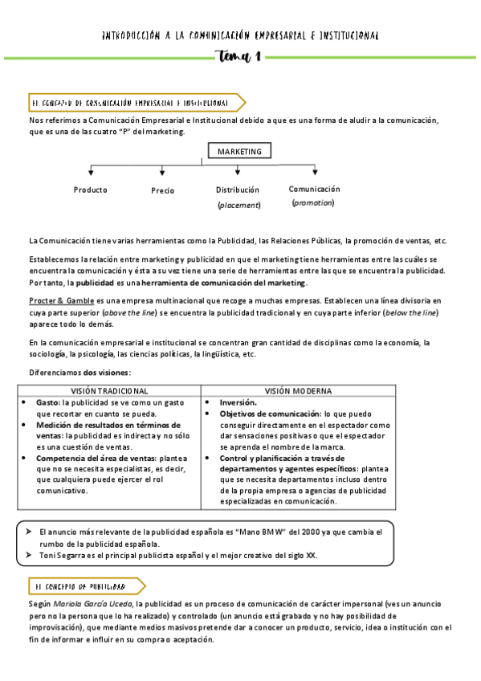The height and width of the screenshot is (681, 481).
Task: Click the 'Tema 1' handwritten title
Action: click(x=238, y=57)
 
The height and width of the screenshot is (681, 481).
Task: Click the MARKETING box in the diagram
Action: click(x=239, y=151)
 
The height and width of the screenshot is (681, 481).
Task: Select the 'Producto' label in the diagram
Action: click(x=90, y=190)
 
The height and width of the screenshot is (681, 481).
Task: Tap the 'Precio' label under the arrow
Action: click(x=162, y=191)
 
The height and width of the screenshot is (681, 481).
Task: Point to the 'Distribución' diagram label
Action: click(x=238, y=190)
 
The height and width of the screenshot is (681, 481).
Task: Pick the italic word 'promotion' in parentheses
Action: click(x=313, y=203)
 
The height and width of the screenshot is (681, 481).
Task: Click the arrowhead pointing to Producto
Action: click(x=91, y=172)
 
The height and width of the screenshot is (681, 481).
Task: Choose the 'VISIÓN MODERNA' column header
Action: click(x=299, y=391)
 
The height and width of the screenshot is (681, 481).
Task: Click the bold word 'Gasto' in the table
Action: click(x=47, y=402)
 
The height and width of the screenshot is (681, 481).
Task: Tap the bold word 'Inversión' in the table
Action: click(x=238, y=402)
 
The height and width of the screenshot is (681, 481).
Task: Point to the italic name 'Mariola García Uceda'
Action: click(x=94, y=604)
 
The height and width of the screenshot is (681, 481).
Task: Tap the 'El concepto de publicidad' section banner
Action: click(x=84, y=586)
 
